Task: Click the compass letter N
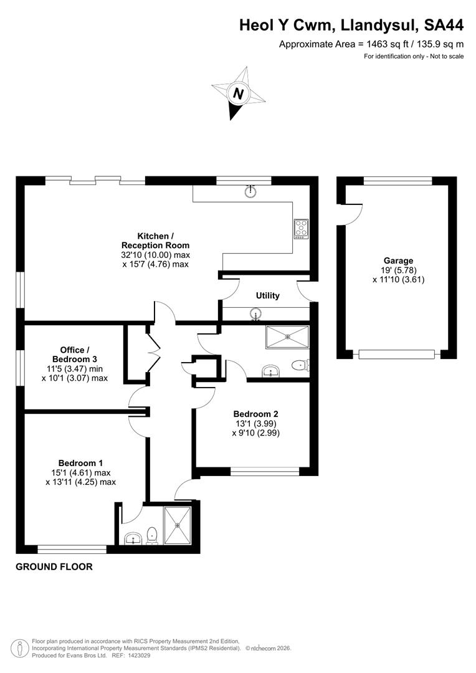(237, 94)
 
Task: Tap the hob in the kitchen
(301, 229)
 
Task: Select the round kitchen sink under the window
(250, 191)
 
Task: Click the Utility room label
(267, 295)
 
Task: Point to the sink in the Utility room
(256, 314)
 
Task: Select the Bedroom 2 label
(255, 414)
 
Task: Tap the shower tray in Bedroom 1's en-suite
(179, 525)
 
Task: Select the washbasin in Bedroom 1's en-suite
(131, 538)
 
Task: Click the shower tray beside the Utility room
(287, 336)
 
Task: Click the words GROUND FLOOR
(54, 567)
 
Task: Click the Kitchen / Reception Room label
(155, 241)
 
